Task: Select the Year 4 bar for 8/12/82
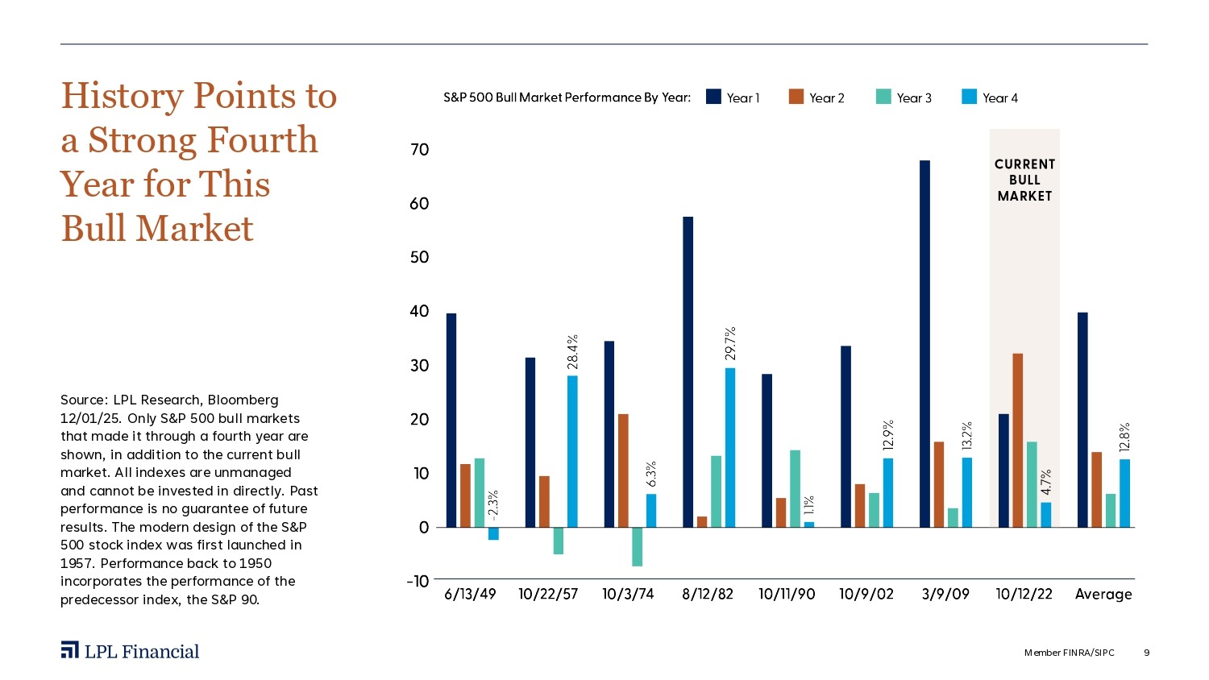click(730, 447)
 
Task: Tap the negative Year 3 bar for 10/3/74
click(638, 547)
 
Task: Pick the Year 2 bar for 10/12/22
click(1018, 440)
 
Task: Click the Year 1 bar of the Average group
click(1082, 420)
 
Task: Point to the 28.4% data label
click(572, 352)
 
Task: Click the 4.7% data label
click(1046, 482)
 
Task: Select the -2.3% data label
click(493, 505)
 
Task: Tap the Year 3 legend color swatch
click(883, 97)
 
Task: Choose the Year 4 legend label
click(1000, 98)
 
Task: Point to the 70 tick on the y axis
click(420, 150)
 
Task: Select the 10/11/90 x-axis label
click(787, 595)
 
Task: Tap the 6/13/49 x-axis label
click(471, 595)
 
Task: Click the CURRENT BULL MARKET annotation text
click(1024, 180)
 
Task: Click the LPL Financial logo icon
click(70, 650)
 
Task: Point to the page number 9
click(1147, 653)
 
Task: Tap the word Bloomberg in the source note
click(243, 400)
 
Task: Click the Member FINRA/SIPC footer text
click(1069, 653)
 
